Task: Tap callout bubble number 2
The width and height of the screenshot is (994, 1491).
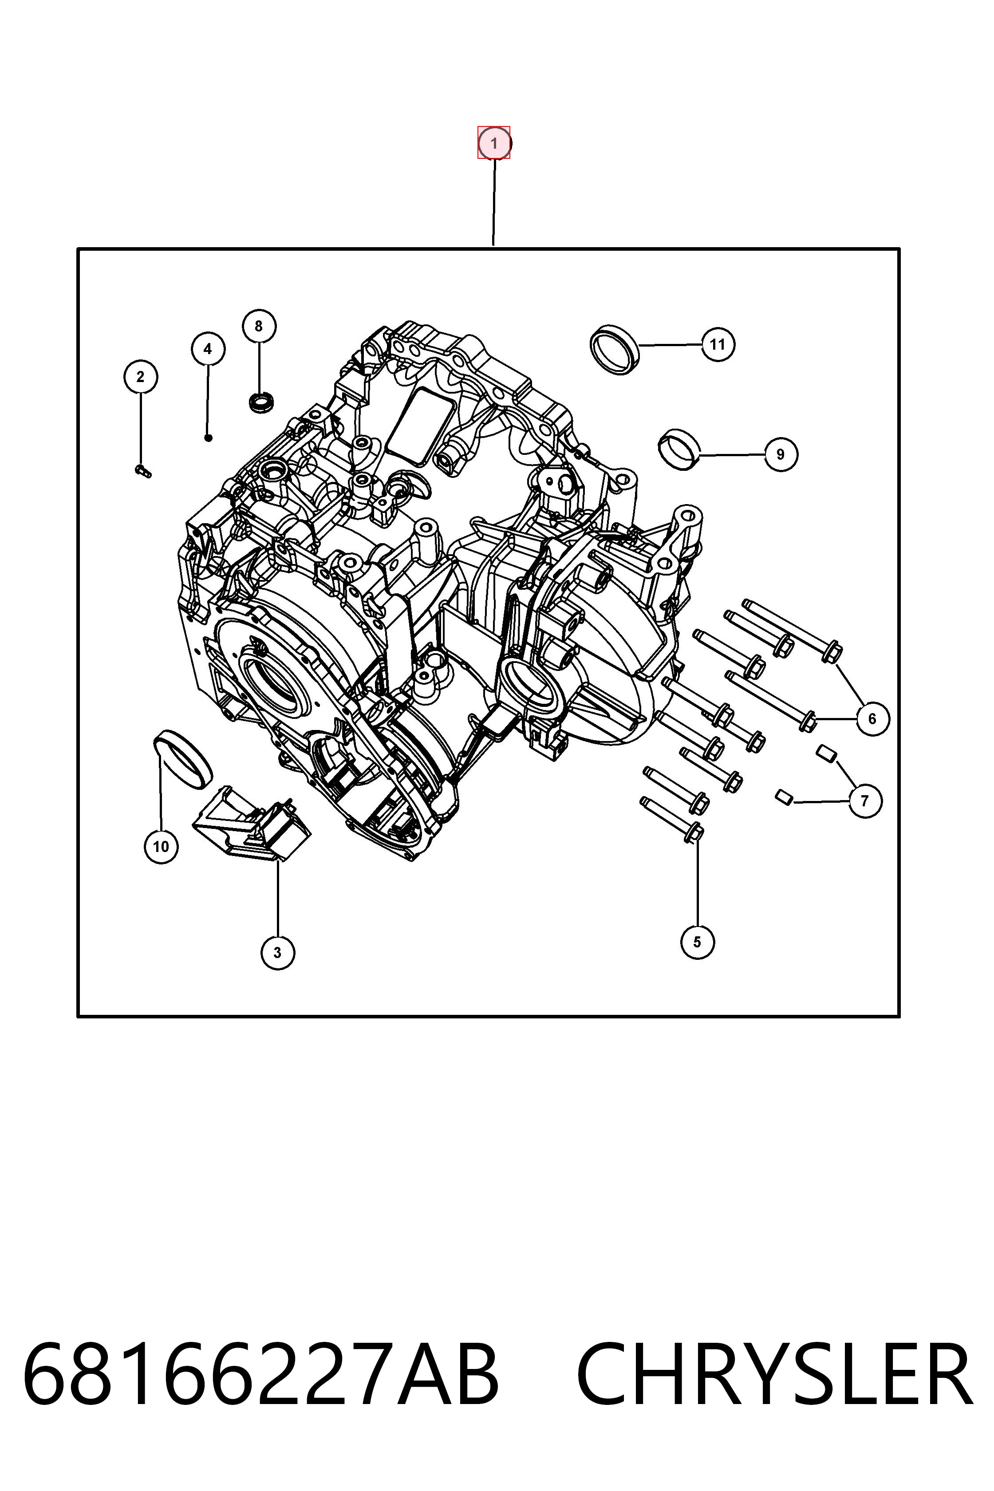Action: (x=141, y=377)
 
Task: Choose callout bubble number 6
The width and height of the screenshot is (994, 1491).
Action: (x=872, y=718)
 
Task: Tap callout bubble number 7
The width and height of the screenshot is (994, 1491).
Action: (x=865, y=801)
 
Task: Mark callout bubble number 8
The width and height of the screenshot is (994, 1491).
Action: (x=259, y=326)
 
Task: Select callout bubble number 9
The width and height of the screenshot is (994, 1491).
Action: (x=781, y=454)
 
